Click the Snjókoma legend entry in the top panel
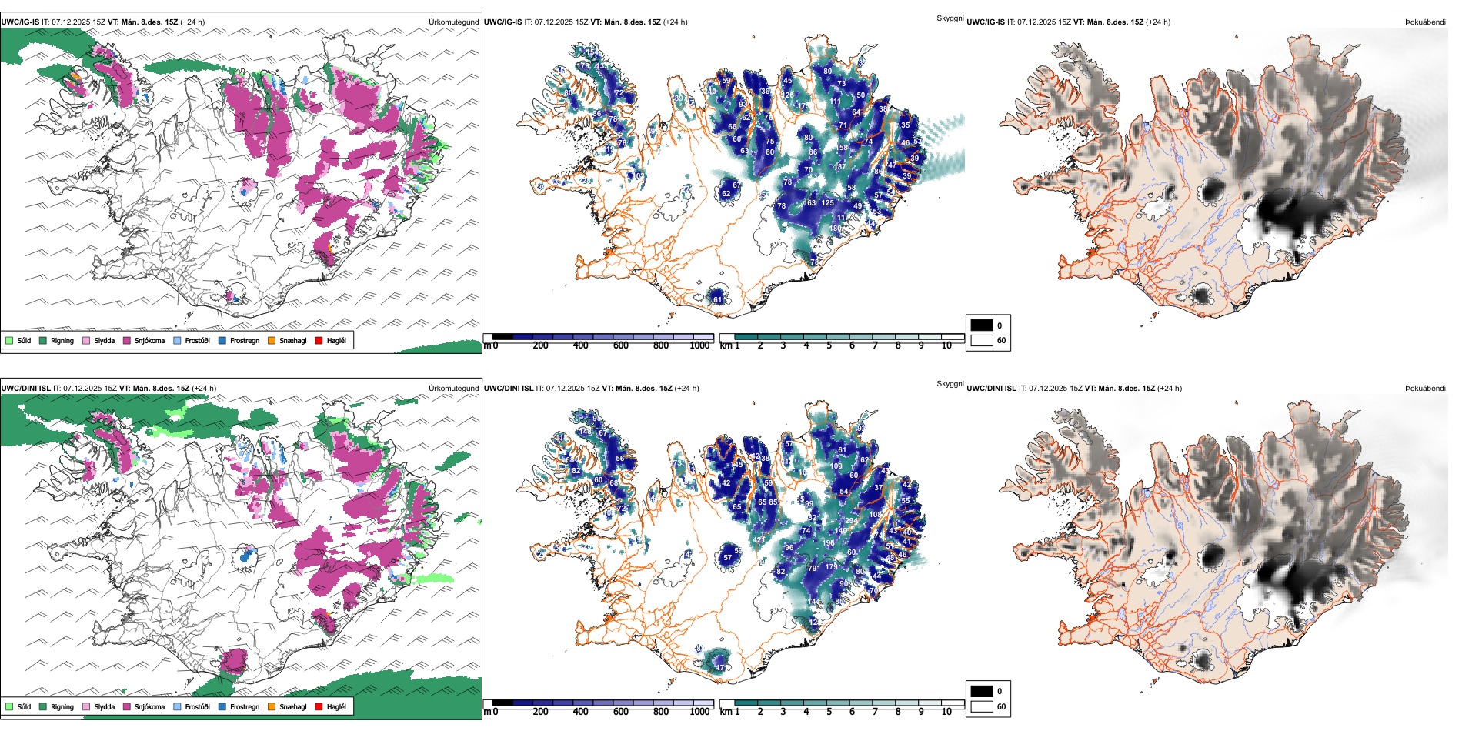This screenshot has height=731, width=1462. [149, 340]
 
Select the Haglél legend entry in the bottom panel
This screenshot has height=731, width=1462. [335, 706]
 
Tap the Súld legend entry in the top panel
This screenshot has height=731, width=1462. [24, 340]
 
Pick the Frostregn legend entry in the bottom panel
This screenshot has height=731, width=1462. [244, 706]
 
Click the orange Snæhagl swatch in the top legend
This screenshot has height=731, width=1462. [272, 340]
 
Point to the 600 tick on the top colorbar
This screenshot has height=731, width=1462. [620, 345]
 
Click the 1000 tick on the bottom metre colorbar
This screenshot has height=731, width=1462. [699, 712]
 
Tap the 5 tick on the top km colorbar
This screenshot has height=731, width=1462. [829, 345]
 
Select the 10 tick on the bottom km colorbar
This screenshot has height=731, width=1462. [946, 712]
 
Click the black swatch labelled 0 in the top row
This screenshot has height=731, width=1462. [982, 325]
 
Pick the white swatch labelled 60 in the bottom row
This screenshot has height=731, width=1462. [982, 706]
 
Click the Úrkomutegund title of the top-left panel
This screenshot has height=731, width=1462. [453, 22]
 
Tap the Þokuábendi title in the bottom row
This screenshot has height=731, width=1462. [1425, 388]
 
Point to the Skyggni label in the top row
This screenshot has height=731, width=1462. [950, 18]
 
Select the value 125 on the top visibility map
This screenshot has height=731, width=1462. [827, 203]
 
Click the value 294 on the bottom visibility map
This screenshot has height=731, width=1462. [851, 521]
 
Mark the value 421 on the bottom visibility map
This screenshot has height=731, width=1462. [759, 540]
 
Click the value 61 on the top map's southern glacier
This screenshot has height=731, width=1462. [718, 300]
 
